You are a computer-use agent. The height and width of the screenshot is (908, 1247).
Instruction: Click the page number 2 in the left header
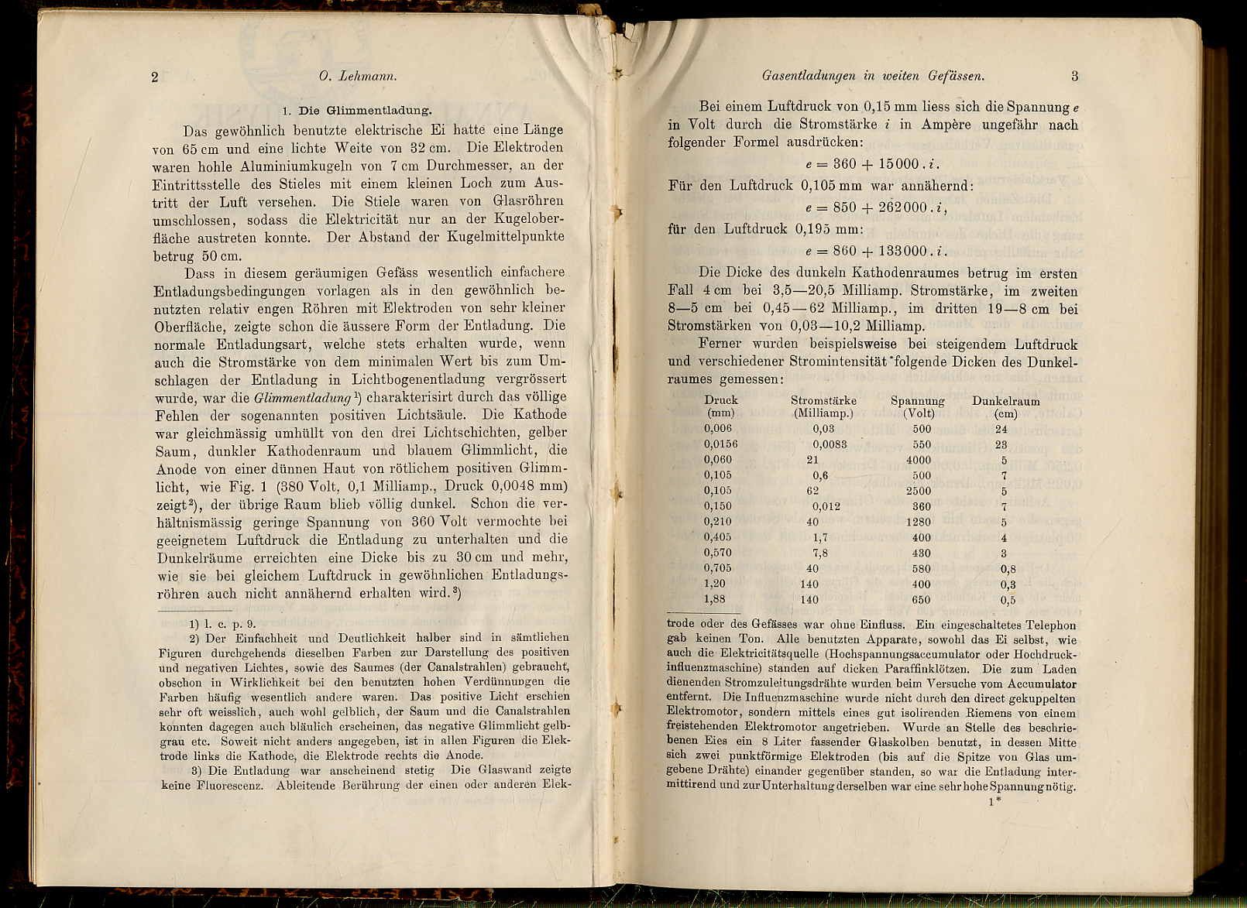click(x=155, y=77)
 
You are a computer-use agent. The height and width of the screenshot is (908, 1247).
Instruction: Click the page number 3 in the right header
click(x=1074, y=76)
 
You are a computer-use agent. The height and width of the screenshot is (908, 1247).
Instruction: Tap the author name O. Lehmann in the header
click(x=358, y=77)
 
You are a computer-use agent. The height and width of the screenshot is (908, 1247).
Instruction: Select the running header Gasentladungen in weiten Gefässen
click(x=873, y=76)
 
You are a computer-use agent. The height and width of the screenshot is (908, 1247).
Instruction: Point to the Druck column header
click(x=721, y=400)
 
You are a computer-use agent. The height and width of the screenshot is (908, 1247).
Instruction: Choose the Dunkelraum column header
click(x=1005, y=401)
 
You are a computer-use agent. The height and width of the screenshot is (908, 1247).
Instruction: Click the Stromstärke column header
click(x=823, y=400)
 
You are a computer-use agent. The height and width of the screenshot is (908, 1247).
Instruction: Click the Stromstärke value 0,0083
click(x=830, y=444)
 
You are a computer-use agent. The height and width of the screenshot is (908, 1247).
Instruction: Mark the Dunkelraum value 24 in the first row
click(x=1001, y=429)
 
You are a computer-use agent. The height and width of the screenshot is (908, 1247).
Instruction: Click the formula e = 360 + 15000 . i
click(x=871, y=164)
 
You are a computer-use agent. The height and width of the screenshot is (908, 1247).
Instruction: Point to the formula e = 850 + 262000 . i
click(x=875, y=207)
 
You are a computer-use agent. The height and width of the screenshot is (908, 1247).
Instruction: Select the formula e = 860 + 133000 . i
click(x=875, y=251)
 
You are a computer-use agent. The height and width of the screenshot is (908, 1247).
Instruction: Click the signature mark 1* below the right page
click(x=995, y=802)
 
